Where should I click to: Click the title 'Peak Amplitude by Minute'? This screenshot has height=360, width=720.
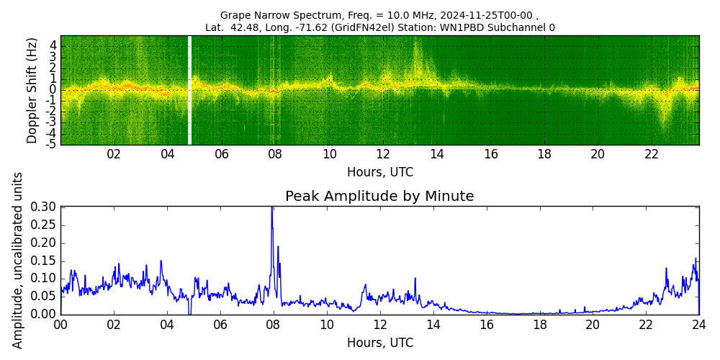(379, 197)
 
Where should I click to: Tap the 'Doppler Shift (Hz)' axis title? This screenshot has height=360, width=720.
(32, 91)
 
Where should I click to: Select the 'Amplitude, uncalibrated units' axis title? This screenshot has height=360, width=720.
(18, 260)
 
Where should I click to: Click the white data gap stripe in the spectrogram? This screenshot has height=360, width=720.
(189, 90)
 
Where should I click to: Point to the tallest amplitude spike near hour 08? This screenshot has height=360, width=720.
(272, 209)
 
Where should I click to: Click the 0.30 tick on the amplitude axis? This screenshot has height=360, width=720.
(42, 207)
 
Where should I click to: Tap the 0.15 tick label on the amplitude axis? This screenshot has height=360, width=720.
(42, 261)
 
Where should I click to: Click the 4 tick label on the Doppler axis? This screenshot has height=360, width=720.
(53, 45)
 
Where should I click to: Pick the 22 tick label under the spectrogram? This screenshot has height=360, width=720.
(652, 154)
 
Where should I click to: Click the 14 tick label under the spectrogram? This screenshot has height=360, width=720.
(436, 154)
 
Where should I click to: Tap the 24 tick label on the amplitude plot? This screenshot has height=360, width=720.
(698, 325)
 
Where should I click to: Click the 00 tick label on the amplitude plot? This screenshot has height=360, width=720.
(60, 325)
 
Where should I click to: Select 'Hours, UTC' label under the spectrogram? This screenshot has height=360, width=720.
(379, 173)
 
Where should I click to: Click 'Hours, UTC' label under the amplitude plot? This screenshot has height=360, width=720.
(379, 343)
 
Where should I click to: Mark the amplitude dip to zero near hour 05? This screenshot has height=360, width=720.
(189, 312)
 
